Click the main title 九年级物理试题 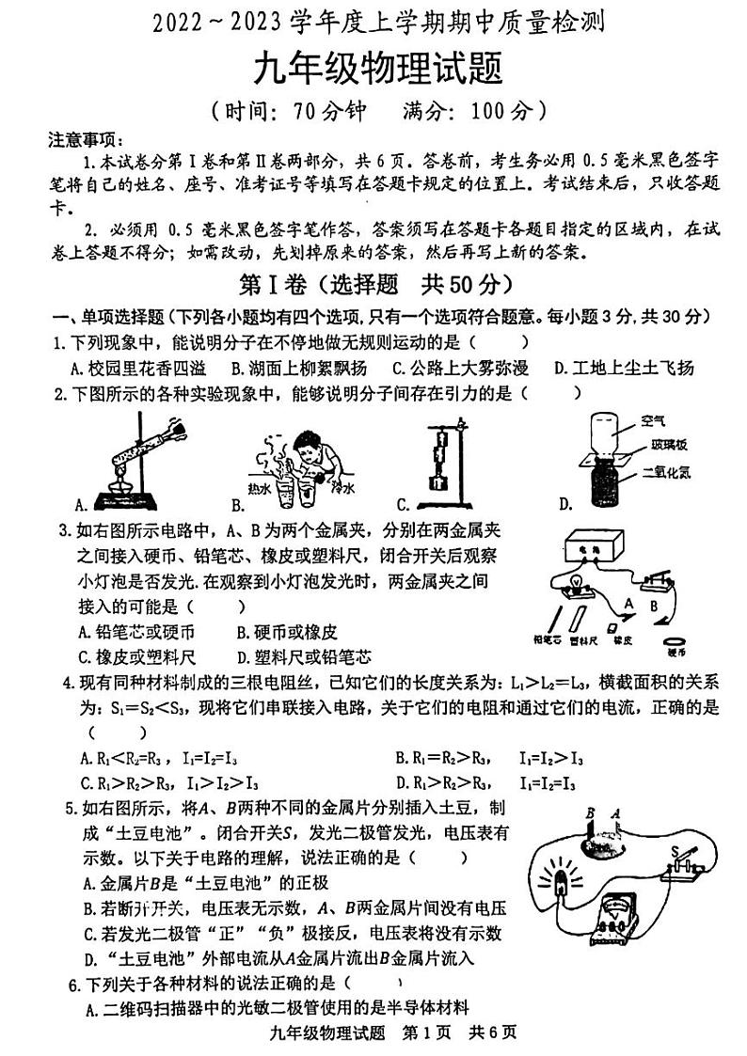point(373,70)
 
